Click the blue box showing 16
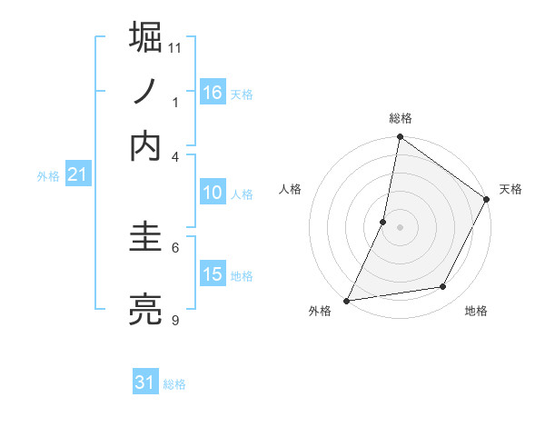click(213, 92)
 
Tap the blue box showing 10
click(213, 193)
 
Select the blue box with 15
click(213, 275)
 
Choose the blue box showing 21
click(77, 174)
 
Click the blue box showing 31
click(145, 382)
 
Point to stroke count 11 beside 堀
click(175, 47)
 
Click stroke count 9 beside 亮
click(175, 321)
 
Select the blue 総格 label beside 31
click(174, 384)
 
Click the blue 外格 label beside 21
click(47, 176)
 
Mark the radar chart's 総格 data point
click(400, 138)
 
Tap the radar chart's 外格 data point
click(347, 300)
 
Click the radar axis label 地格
click(476, 311)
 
